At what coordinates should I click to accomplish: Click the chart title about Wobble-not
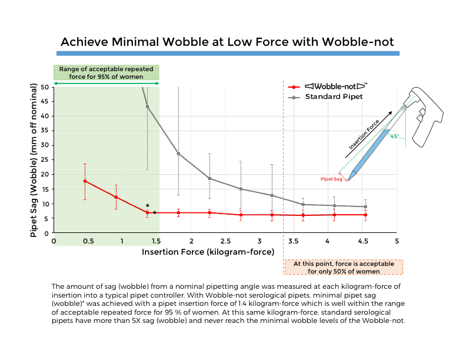point(227,42)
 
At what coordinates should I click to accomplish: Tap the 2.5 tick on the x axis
point(225,241)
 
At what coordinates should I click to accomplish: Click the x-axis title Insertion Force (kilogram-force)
point(208,252)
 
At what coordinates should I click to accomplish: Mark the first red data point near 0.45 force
point(85,181)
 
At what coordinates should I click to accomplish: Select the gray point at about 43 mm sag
point(147,106)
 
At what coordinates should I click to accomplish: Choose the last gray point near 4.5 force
point(365,207)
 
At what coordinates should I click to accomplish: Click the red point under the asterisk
point(147,213)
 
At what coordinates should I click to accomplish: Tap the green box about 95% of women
point(106,72)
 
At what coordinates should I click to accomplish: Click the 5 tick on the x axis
point(397,241)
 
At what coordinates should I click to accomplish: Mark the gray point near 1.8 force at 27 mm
point(178,154)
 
